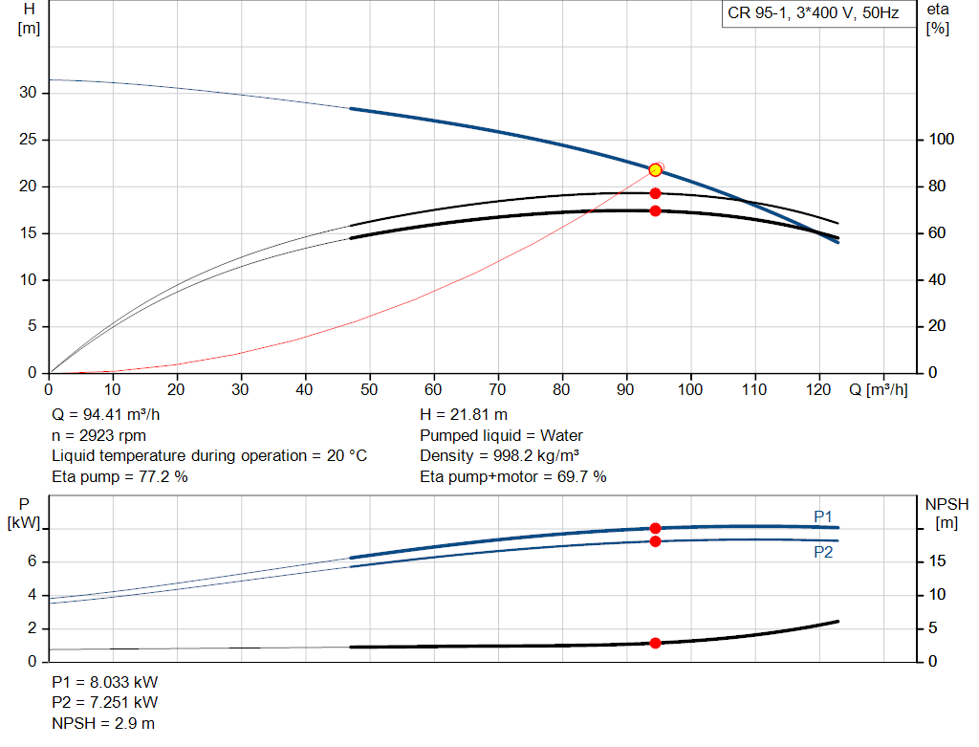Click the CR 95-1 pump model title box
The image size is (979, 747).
pos(813,13)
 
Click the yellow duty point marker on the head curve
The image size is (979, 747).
pos(655,170)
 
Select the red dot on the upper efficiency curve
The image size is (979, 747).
pos(655,193)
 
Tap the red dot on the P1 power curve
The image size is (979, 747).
pos(655,528)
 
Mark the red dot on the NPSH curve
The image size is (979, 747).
pos(655,643)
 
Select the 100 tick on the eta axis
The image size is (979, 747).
pos(942,140)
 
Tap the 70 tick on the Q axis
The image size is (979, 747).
pos(498,389)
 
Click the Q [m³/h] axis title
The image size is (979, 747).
pos(879,389)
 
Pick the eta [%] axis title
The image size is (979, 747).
pos(938,18)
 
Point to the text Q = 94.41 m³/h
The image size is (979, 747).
pos(104,415)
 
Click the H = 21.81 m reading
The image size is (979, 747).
pos(464,415)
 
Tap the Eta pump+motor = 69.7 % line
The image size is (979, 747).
pos(512,476)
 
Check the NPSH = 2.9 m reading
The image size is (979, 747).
pos(103,723)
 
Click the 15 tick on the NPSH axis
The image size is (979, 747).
pos(938,561)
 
